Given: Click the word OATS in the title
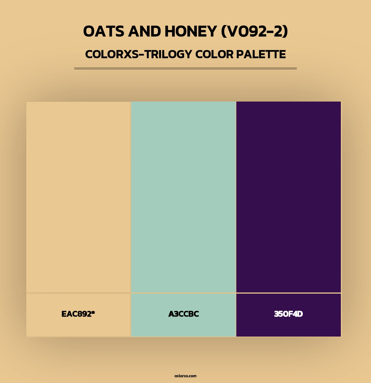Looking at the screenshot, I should click(x=104, y=31).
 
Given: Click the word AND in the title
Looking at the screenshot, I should click(x=145, y=31).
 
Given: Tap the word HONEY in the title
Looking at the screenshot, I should click(x=191, y=31).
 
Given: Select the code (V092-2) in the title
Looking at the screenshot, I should click(x=255, y=31).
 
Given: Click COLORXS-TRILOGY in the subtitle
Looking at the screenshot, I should click(x=139, y=54).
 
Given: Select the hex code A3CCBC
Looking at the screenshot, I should click(x=183, y=314).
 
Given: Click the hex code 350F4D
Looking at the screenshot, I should click(x=288, y=314).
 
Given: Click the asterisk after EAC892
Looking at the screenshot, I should click(x=93, y=312).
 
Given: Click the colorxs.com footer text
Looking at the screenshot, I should click(x=185, y=376).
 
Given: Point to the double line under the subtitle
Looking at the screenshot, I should click(x=185, y=68).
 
